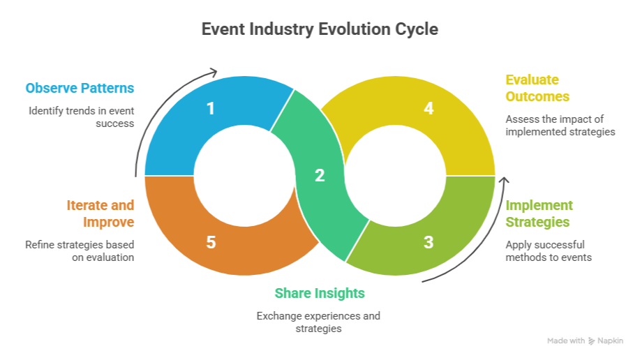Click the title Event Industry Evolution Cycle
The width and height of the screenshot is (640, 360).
pos(320,30)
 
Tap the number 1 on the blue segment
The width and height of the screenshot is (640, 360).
pos(210,108)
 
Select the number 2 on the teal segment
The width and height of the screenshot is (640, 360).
pos(320,176)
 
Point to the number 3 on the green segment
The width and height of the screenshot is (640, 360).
pos(429,242)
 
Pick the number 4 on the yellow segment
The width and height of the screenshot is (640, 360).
pos(429,108)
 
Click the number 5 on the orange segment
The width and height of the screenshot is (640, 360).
pos(210,242)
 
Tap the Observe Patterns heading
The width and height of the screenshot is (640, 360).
pos(80,89)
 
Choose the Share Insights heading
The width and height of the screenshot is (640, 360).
pos(319,293)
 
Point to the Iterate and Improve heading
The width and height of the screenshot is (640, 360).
pos(100,213)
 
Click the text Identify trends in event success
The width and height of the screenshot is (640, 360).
pos(81,117)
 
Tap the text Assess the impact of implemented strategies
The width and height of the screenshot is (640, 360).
pos(560,125)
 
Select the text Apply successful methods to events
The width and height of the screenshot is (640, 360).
pos(548,251)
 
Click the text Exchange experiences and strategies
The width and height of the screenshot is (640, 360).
pos(319,322)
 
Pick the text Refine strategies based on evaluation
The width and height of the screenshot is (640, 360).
pos(80,251)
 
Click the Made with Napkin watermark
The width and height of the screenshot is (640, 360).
pos(586,341)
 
